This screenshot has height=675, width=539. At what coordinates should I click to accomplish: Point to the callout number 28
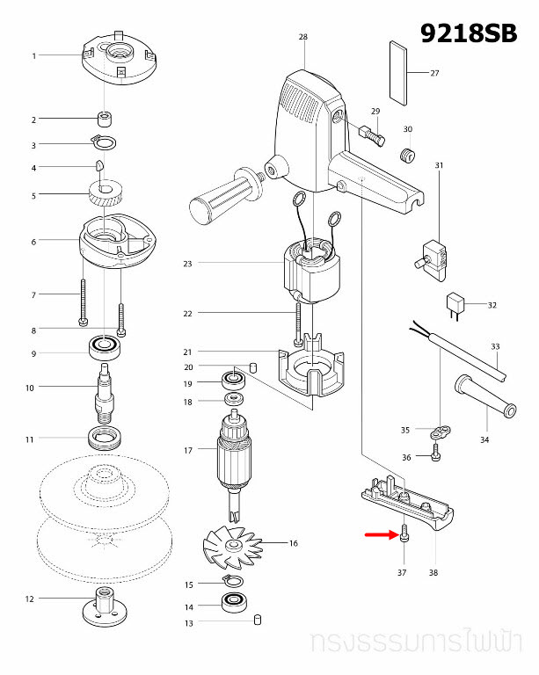click(303, 37)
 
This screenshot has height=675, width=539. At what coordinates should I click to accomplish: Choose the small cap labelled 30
click(407, 156)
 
